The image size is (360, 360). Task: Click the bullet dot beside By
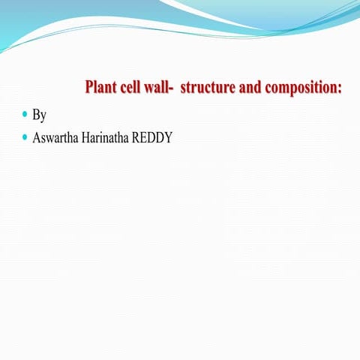(25, 115)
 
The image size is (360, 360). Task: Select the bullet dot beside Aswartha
(25, 137)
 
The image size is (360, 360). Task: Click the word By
(40, 116)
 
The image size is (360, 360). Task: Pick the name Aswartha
(55, 139)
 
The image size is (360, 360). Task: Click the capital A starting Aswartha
(37, 139)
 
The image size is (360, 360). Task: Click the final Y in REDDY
(169, 139)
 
